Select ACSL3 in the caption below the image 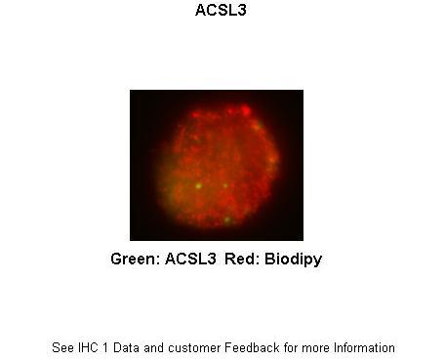pyautogui.click(x=191, y=260)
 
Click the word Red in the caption pyautogui.click(x=240, y=260)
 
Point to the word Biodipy pyautogui.click(x=291, y=260)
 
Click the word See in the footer pyautogui.click(x=61, y=347)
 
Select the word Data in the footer pyautogui.click(x=125, y=347)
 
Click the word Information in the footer pyautogui.click(x=363, y=347)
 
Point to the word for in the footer pyautogui.click(x=289, y=347)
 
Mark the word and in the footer pyautogui.click(x=155, y=347)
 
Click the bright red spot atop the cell pyautogui.click(x=231, y=110)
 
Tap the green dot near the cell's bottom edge pyautogui.click(x=227, y=220)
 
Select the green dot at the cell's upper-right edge pyautogui.click(x=257, y=126)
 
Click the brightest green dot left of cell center pyautogui.click(x=198, y=184)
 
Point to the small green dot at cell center pyautogui.click(x=224, y=184)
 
